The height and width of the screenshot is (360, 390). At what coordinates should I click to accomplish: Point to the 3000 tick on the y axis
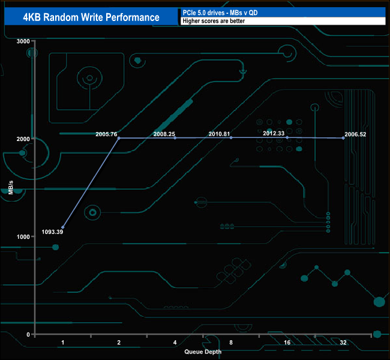[x=23, y=41]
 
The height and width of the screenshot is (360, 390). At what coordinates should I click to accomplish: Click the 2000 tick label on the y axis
[x=23, y=139]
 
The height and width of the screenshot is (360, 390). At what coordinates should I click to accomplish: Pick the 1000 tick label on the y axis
[x=23, y=236]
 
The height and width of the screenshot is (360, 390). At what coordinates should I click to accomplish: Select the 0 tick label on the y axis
[x=28, y=334]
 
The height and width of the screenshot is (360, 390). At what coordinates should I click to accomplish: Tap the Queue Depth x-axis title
[x=203, y=352]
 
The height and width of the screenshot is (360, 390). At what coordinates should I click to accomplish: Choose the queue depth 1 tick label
[x=63, y=343]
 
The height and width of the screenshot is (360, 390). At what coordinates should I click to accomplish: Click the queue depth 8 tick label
[x=231, y=343]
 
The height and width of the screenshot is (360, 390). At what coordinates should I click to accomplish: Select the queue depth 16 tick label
[x=287, y=343]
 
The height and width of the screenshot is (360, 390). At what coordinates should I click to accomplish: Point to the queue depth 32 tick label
[x=343, y=343]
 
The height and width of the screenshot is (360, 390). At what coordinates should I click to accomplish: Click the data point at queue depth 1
[x=63, y=227]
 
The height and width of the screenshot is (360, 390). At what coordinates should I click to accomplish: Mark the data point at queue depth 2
[x=119, y=138]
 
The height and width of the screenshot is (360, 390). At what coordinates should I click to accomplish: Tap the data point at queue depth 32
[x=343, y=138]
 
